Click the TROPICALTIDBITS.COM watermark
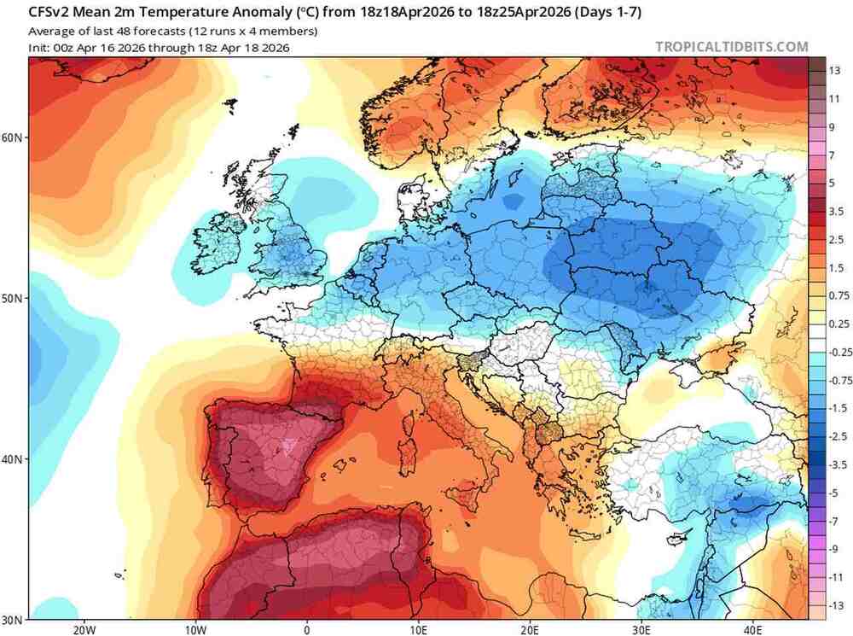pyautogui.click(x=731, y=47)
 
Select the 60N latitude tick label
pyautogui.click(x=15, y=137)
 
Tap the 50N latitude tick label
pyautogui.click(x=15, y=299)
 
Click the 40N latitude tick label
pyautogui.click(x=15, y=459)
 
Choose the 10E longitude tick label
pyautogui.click(x=418, y=629)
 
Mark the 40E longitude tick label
pyautogui.click(x=753, y=629)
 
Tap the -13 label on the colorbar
pyautogui.click(x=835, y=605)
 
